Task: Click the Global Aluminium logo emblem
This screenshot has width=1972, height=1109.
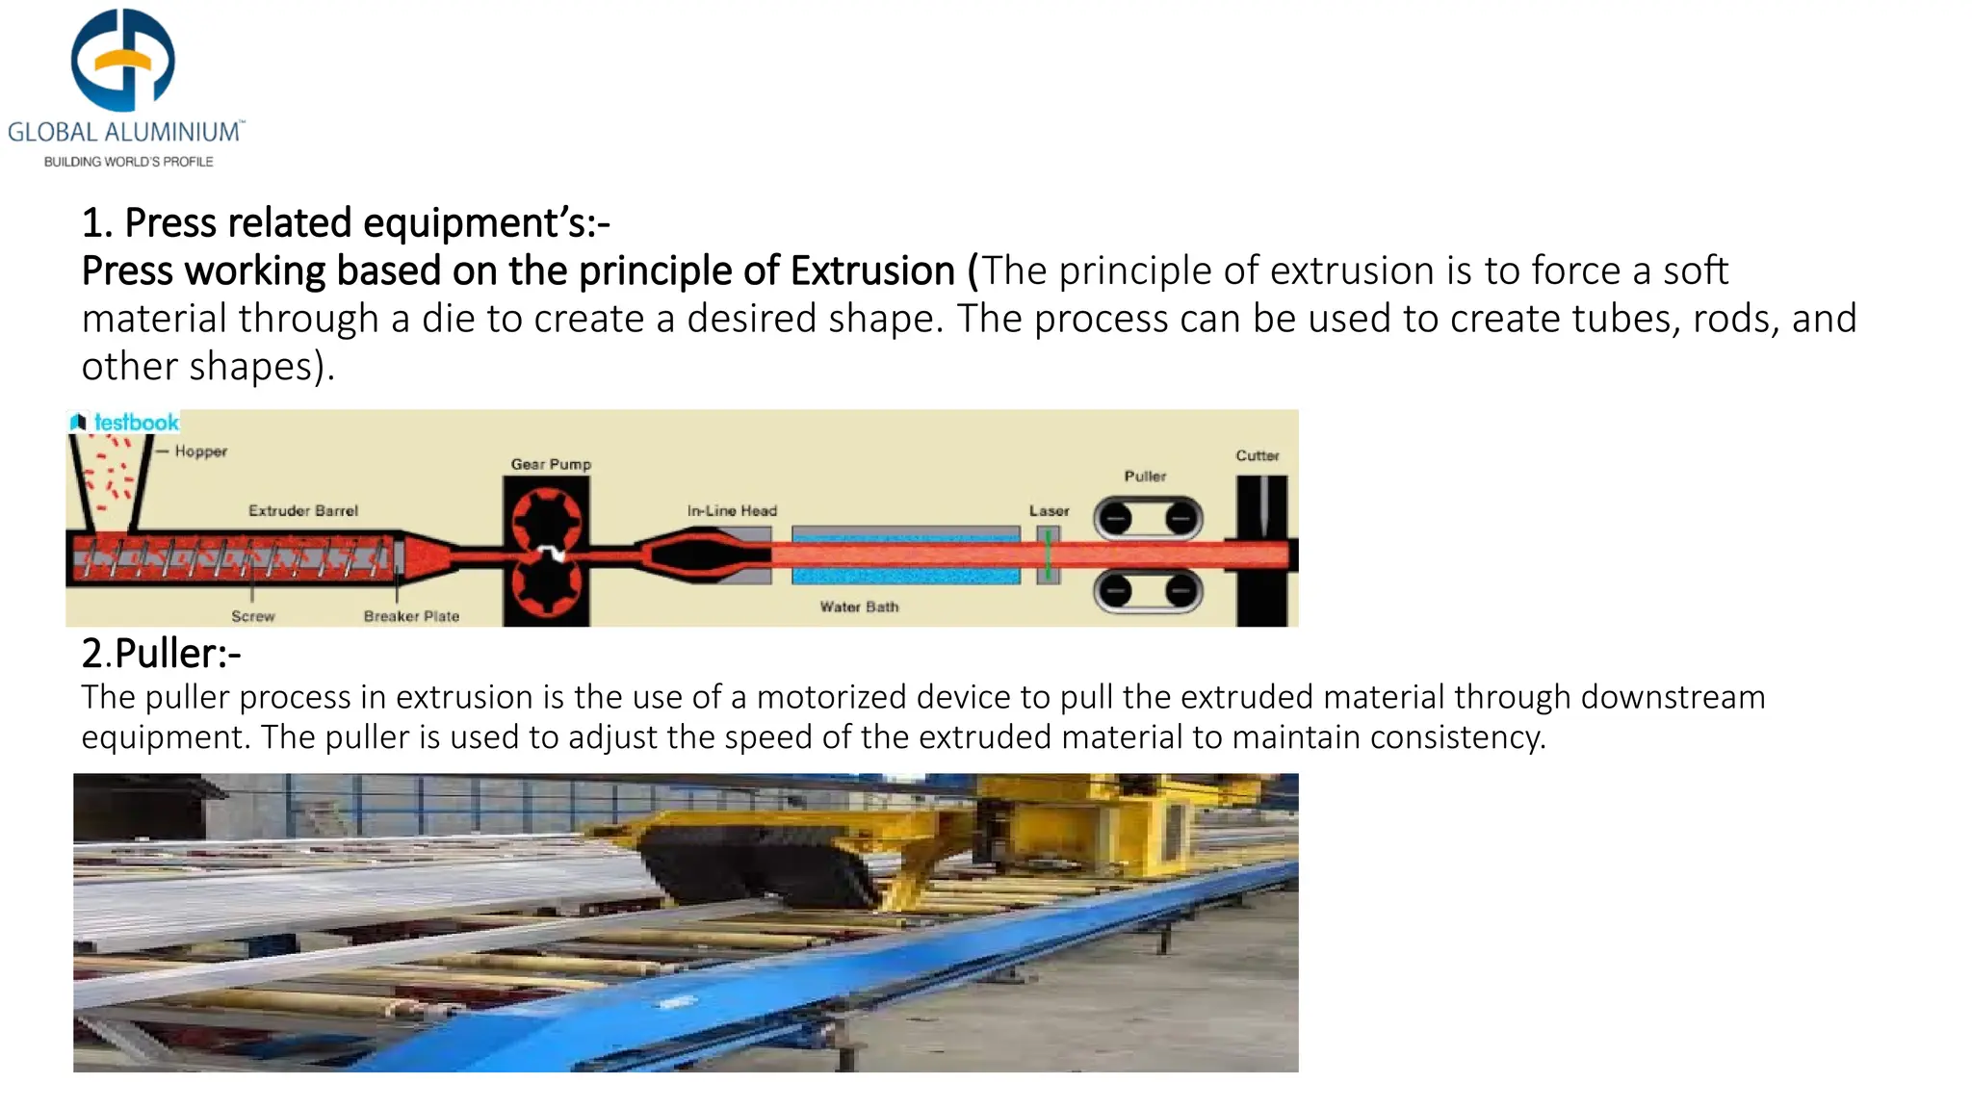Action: pos(123,60)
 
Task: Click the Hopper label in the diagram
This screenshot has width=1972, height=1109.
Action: pos(200,451)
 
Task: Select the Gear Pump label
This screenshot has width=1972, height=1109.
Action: pos(551,464)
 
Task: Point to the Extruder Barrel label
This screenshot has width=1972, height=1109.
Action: pos(303,510)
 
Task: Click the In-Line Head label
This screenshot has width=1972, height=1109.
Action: pos(732,510)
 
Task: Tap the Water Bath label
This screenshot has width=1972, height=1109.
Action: pos(859,606)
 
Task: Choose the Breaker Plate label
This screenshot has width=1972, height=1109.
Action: pos(411,616)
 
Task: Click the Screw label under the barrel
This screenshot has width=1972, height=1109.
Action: pos(252,616)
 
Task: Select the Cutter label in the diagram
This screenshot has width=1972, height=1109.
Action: pos(1258,455)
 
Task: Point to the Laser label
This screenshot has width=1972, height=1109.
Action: pos(1049,510)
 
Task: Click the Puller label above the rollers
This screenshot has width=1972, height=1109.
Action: pos(1145,477)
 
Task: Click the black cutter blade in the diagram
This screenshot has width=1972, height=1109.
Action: pos(1261,505)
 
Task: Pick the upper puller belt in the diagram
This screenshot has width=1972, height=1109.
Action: pos(1148,519)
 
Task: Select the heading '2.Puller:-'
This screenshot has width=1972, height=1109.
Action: pos(161,654)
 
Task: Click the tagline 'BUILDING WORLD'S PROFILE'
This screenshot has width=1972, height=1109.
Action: pos(129,162)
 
